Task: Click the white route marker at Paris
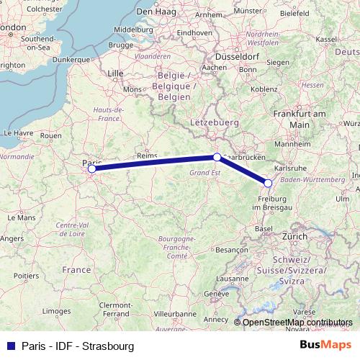92,169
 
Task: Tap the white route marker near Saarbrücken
217,156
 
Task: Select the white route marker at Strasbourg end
268,183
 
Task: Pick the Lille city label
114,73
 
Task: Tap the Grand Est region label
204,174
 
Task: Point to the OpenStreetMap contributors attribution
298,323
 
